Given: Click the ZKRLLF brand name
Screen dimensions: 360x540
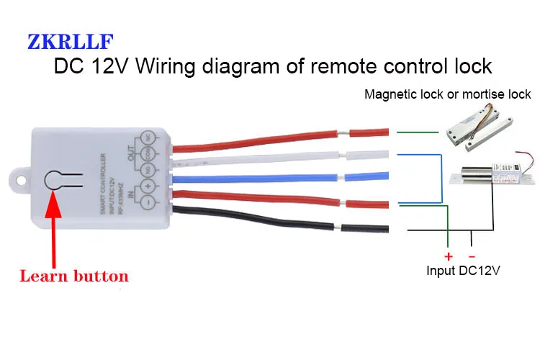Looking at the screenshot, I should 71,41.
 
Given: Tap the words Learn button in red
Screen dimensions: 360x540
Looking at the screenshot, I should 73,276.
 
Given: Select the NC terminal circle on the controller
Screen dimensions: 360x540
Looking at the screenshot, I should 148,137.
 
